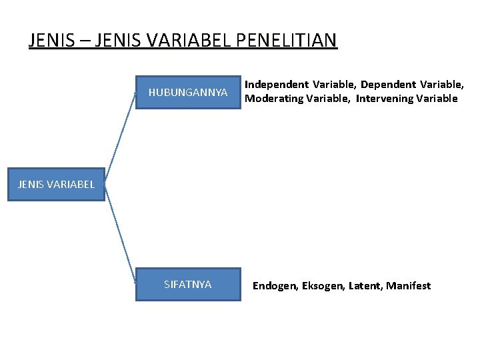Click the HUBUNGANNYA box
pyautogui.click(x=188, y=91)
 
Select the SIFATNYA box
pyautogui.click(x=188, y=285)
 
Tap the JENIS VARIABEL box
pyautogui.click(x=56, y=185)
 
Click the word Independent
pyautogui.click(x=277, y=85)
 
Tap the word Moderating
pyautogui.click(x=273, y=99)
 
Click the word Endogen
pyautogui.click(x=275, y=286)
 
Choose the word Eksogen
pyautogui.click(x=323, y=286)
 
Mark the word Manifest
pyautogui.click(x=409, y=286)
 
